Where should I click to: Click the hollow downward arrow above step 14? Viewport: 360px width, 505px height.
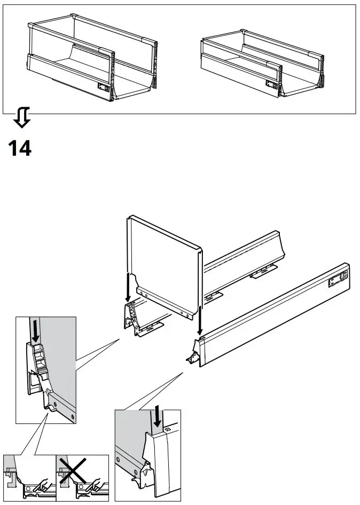click(22, 117)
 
